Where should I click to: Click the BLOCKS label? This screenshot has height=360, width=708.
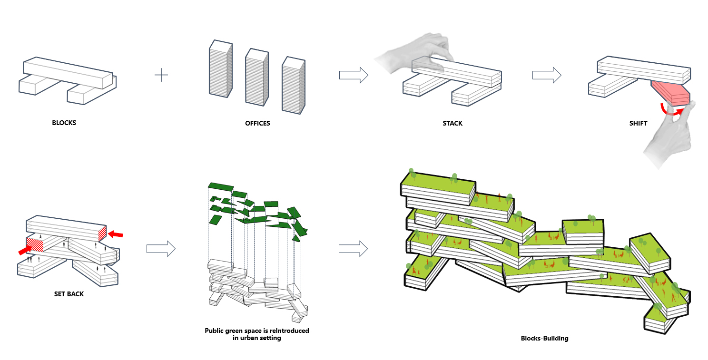click(64, 123)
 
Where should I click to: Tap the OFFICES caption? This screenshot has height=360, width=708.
click(257, 123)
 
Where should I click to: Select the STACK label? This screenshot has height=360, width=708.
click(452, 123)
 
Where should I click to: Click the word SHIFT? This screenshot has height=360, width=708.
click(638, 123)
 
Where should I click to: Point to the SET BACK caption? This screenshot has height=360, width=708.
click(69, 294)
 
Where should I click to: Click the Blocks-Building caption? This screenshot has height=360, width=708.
click(544, 339)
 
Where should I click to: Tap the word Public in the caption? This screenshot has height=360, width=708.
click(216, 331)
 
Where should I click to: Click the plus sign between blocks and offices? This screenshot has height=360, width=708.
click(161, 75)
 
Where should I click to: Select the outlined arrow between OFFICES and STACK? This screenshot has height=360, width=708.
click(354, 75)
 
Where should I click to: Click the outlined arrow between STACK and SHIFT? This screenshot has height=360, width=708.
click(547, 75)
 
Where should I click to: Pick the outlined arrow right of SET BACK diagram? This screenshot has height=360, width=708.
click(161, 248)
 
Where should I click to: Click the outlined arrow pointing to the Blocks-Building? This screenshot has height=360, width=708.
click(353, 248)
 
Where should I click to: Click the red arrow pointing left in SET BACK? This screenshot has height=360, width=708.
click(115, 234)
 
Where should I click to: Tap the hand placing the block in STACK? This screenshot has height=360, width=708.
click(419, 52)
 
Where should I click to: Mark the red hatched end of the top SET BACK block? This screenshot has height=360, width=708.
click(102, 234)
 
